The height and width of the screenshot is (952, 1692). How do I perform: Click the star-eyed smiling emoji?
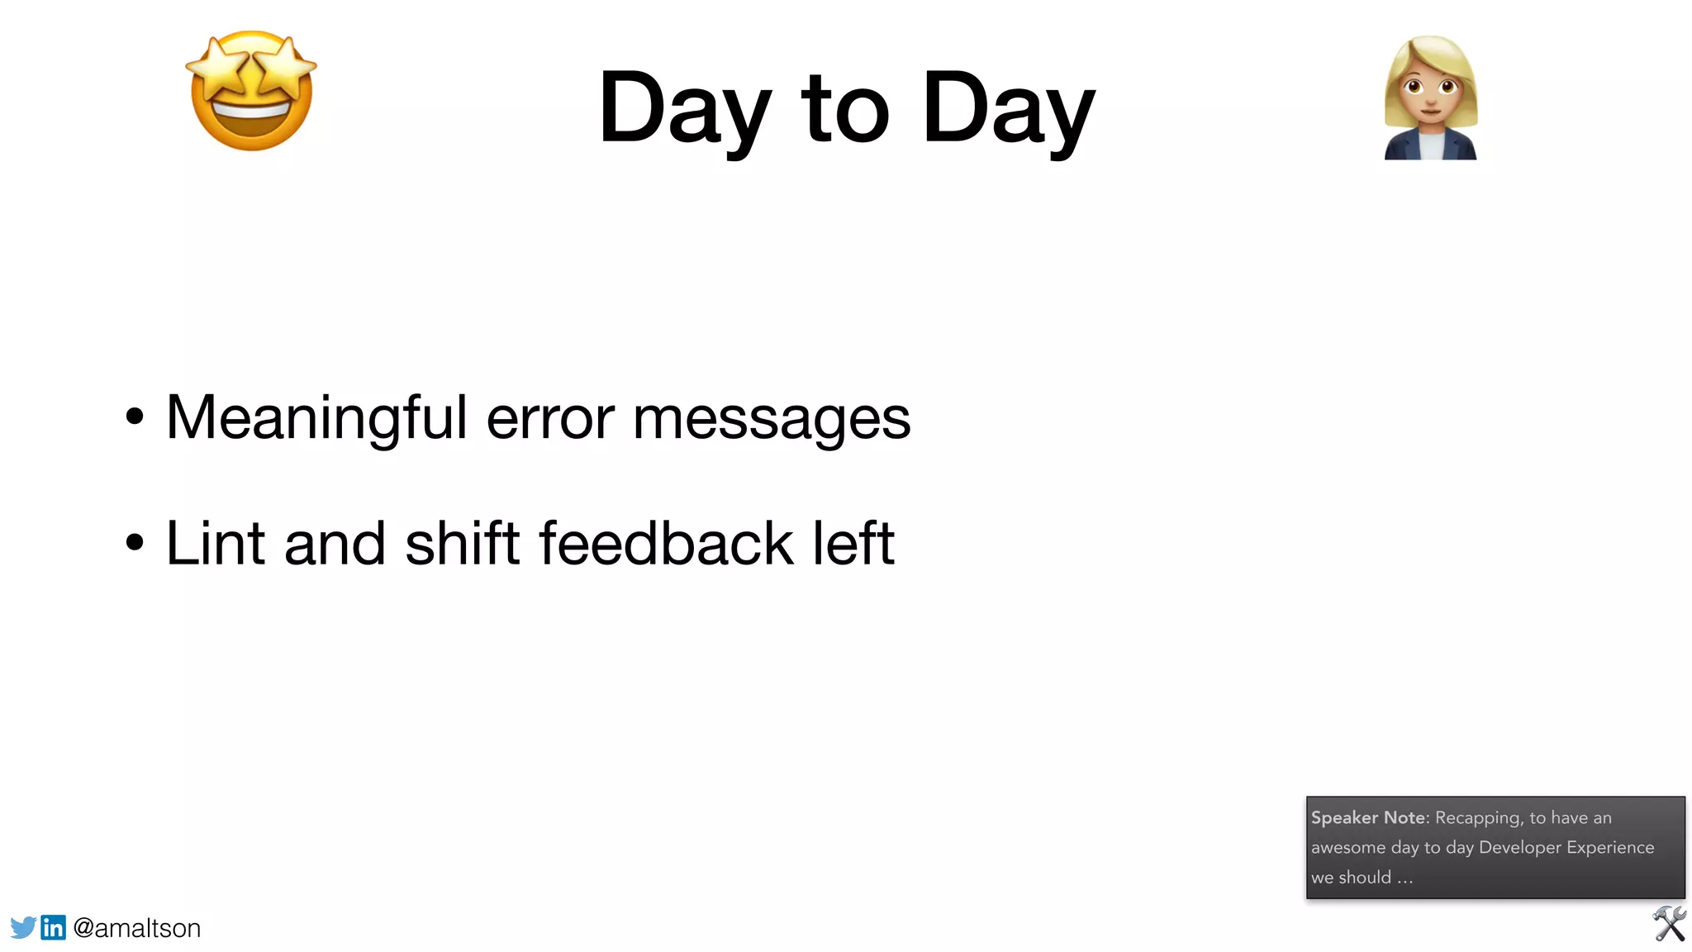click(251, 91)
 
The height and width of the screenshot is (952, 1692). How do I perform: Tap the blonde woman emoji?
click(1430, 98)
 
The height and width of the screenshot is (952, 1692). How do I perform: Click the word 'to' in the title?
click(844, 108)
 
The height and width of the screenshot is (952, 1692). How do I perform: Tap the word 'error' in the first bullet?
click(550, 418)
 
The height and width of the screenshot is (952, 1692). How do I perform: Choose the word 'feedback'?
click(666, 544)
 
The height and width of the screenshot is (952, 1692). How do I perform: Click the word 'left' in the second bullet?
click(853, 544)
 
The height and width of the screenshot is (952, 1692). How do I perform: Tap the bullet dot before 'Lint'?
click(135, 543)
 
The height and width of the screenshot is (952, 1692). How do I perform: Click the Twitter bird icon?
click(23, 927)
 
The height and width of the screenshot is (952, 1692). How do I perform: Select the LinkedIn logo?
click(54, 927)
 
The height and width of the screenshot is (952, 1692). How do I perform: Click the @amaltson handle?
click(137, 928)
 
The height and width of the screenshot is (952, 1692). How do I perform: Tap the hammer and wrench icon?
click(1669, 924)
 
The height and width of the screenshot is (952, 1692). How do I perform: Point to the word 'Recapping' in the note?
click(1478, 817)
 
